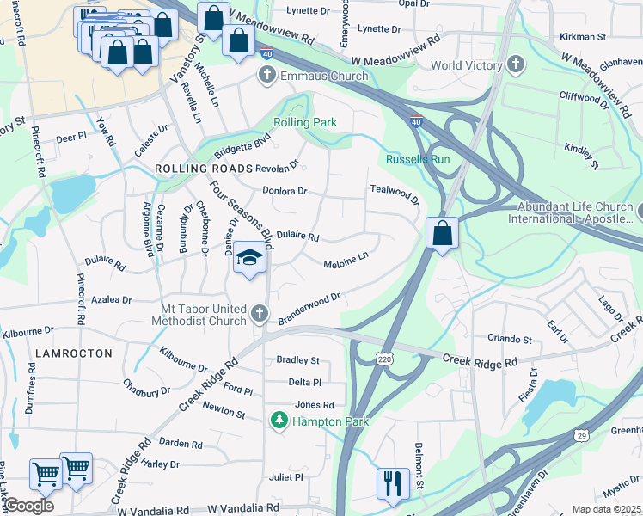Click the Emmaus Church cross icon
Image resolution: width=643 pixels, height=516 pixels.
(x=266, y=76)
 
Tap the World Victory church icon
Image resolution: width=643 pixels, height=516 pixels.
(x=516, y=65)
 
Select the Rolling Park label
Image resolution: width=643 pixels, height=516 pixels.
(x=305, y=123)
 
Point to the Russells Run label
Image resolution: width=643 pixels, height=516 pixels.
(x=418, y=160)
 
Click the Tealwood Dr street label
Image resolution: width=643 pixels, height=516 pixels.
(x=394, y=193)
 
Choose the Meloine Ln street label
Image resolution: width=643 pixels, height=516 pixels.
(x=346, y=260)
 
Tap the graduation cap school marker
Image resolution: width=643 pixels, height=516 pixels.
(x=249, y=258)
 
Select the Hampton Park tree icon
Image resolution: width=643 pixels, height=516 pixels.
(x=279, y=421)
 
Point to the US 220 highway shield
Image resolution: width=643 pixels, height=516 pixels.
(x=383, y=355)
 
